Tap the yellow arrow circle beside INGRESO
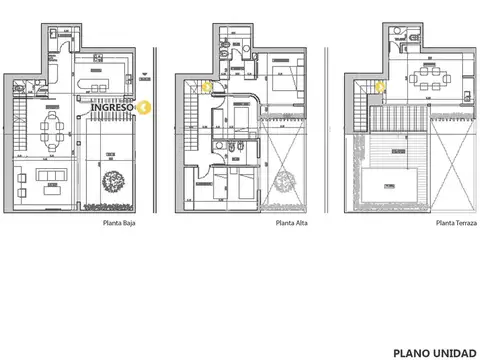(146, 107)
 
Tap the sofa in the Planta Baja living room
(48, 177)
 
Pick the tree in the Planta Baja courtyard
(113, 185)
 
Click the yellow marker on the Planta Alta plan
(207, 86)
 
